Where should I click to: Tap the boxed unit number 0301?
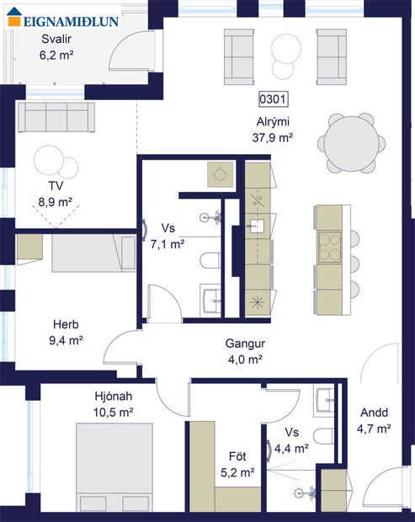tap(273, 99)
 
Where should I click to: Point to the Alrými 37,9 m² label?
tap(272, 129)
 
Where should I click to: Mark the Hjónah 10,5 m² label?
tap(114, 403)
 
